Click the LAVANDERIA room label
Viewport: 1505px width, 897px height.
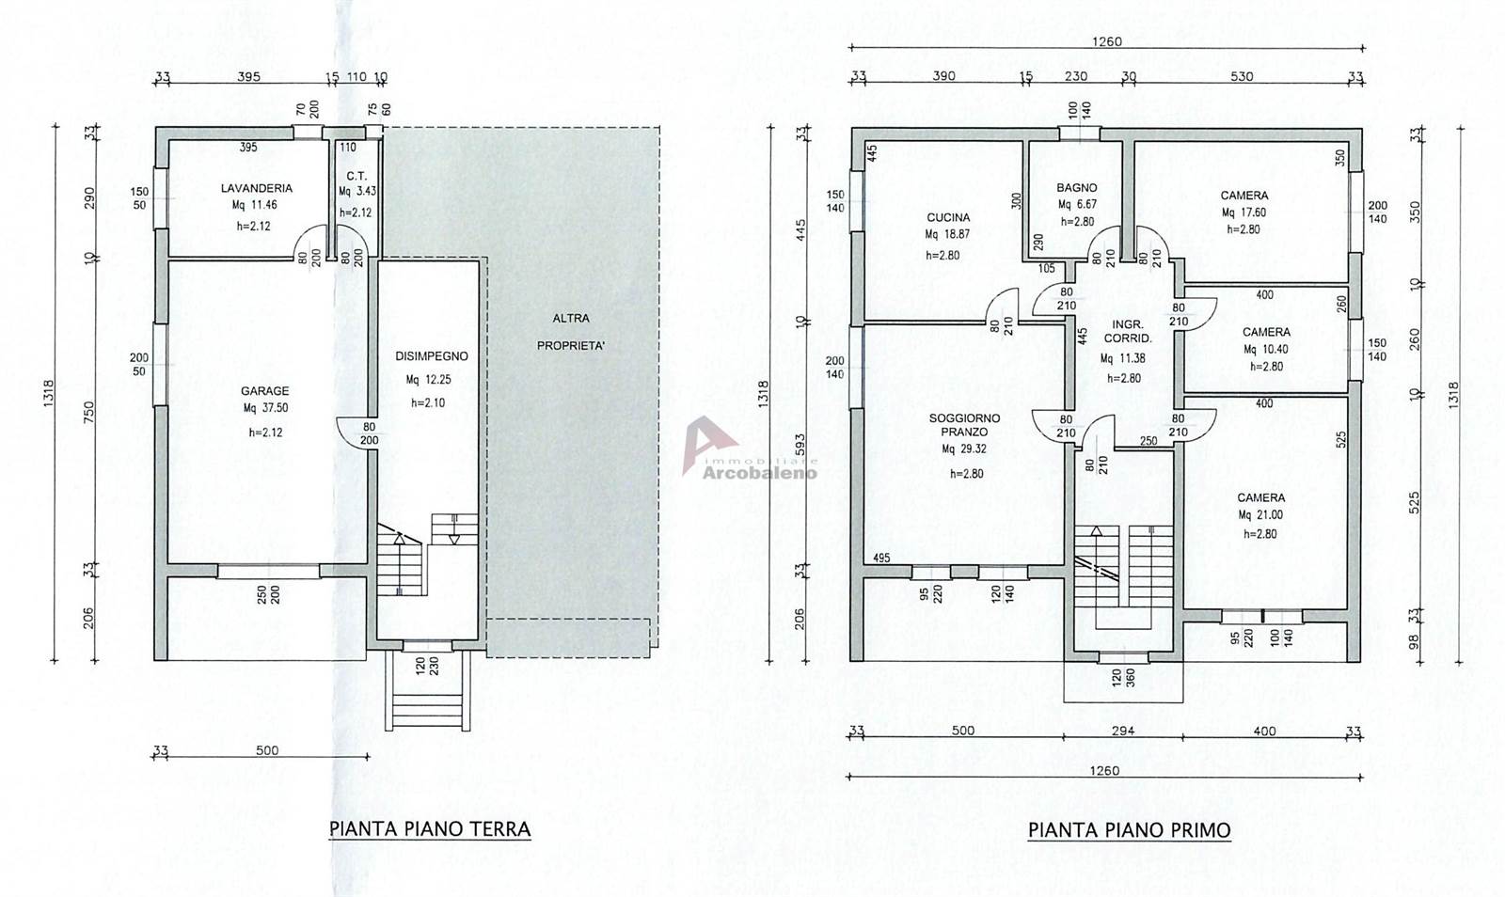(x=257, y=189)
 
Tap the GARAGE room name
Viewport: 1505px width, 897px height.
(x=264, y=391)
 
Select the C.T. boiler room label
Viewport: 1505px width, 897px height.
(x=356, y=176)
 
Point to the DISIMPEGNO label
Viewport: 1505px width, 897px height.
(x=432, y=356)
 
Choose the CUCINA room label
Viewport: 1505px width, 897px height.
(x=948, y=217)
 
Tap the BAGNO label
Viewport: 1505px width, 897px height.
(x=1076, y=188)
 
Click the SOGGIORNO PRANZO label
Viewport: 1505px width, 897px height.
(x=964, y=425)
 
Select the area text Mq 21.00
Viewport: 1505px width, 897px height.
(x=1261, y=515)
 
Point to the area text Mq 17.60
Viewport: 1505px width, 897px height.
(x=1244, y=212)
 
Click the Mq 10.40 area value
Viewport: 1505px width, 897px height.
(x=1266, y=350)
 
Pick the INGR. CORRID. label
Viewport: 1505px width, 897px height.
(x=1128, y=332)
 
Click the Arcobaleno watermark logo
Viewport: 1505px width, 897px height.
(x=749, y=448)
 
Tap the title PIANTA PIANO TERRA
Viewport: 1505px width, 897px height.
(x=430, y=829)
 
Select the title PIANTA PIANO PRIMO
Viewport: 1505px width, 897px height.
(x=1130, y=830)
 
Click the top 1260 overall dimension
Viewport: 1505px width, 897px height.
(x=1106, y=41)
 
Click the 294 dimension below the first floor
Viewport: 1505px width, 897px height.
(x=1123, y=732)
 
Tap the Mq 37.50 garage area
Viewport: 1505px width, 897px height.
(x=264, y=408)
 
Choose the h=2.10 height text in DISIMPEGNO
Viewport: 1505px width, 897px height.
(x=429, y=402)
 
